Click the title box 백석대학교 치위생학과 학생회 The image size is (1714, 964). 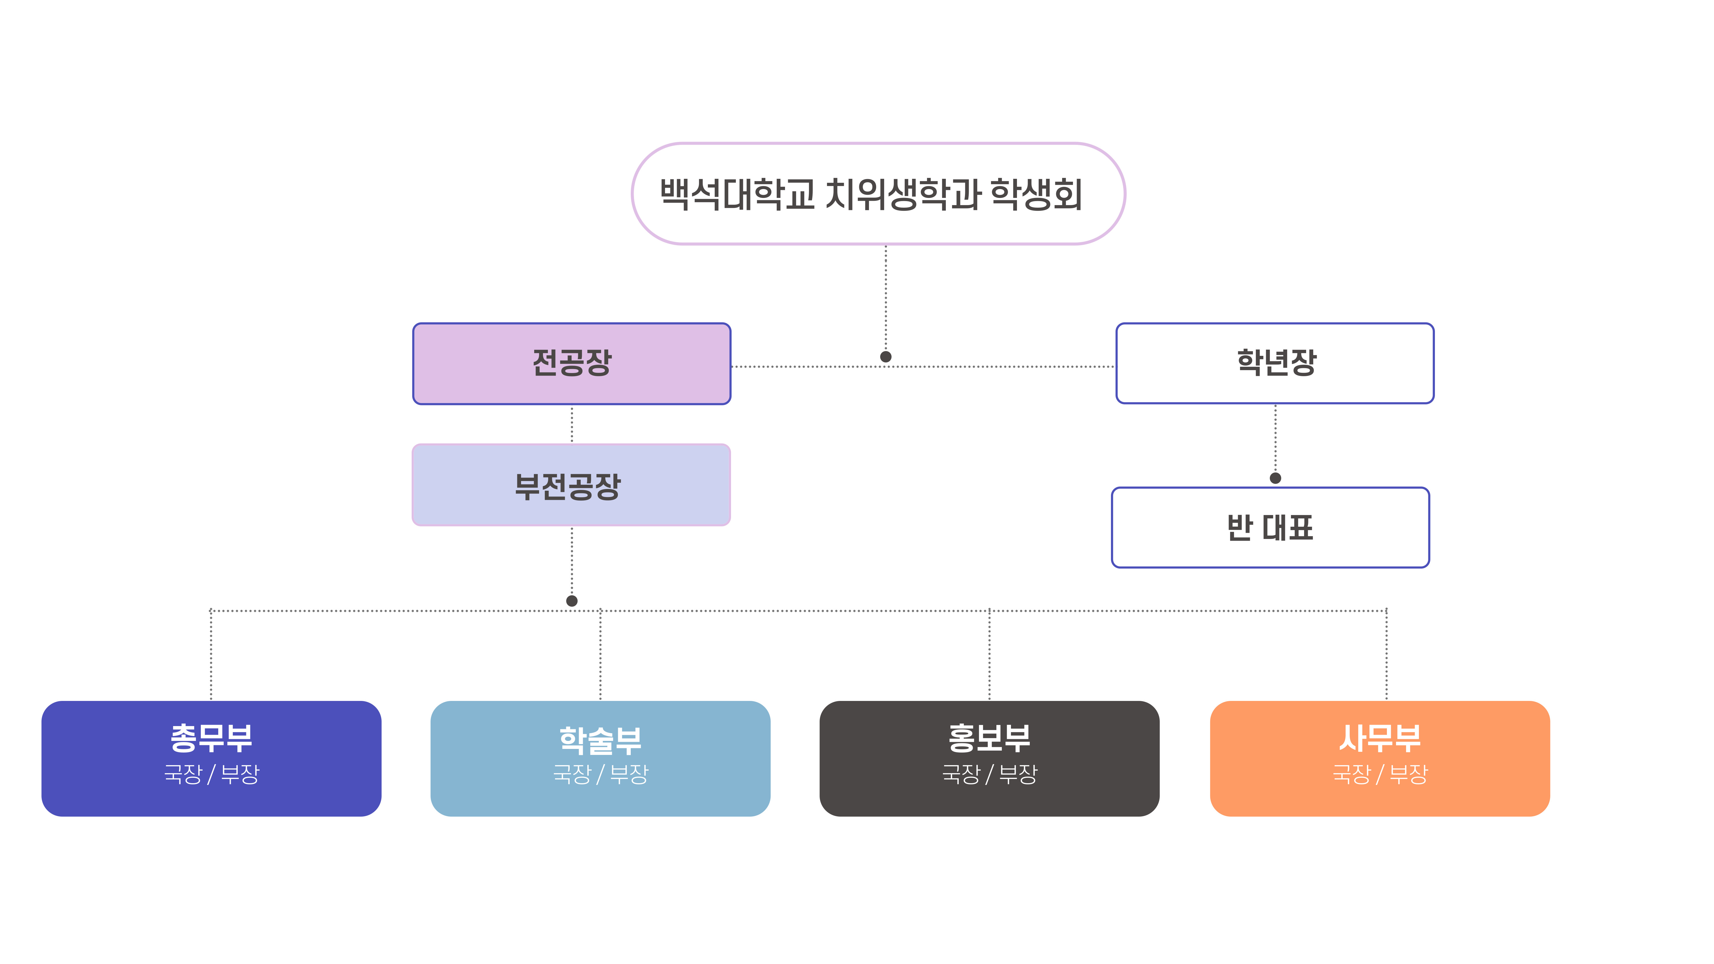[x=878, y=194]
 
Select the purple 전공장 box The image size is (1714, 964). [x=572, y=363]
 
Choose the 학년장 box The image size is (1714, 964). [x=1275, y=363]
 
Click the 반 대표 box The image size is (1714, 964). [x=1270, y=528]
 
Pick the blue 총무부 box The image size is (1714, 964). [x=211, y=758]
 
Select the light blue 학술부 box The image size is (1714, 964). [x=600, y=758]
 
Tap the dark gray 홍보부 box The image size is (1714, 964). [x=990, y=758]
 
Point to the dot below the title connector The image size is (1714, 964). [x=886, y=356]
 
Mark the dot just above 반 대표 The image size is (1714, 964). [x=1276, y=478]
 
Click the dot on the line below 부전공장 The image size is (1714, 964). [x=572, y=601]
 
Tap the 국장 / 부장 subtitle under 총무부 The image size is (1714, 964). [x=211, y=774]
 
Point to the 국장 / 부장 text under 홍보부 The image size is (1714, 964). [x=990, y=774]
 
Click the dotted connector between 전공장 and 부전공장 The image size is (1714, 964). [x=572, y=424]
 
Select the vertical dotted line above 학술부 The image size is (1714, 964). [x=600, y=655]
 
